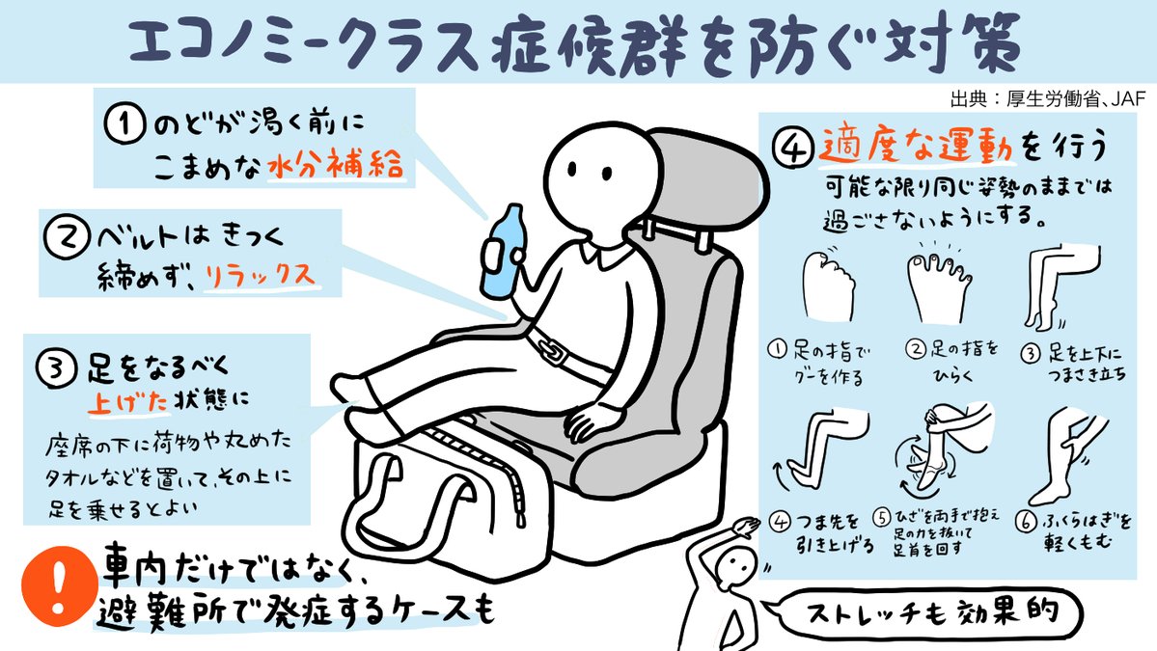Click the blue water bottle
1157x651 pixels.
pos(502,252)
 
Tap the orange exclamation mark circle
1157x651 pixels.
pos(58,586)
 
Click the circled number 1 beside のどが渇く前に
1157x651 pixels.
pos(124,123)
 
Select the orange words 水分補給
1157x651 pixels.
pos(336,164)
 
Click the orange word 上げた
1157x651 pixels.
pos(127,401)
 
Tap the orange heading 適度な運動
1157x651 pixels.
pos(916,144)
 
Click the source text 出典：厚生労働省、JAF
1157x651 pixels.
pos(1048,98)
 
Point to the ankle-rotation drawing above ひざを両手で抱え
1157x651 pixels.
pos(942,449)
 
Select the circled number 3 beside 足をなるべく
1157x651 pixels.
pos(57,367)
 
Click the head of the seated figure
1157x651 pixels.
pos(601,184)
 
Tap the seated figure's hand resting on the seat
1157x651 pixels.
pos(591,422)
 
